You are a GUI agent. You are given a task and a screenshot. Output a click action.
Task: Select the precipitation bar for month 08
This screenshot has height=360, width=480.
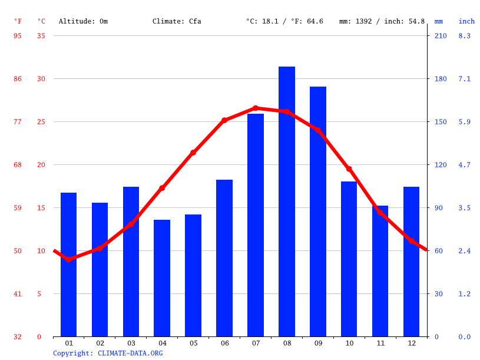[287, 202]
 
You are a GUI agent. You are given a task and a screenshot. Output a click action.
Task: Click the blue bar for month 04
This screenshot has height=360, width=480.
[162, 278]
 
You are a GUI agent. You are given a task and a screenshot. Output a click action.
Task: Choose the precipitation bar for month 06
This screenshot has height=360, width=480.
[224, 258]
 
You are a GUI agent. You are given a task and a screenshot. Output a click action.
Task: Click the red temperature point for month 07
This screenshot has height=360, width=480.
[256, 108]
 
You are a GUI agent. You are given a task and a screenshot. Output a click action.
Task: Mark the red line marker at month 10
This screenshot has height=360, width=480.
[349, 169]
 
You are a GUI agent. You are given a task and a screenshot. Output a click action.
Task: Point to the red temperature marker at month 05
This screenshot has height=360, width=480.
[193, 153]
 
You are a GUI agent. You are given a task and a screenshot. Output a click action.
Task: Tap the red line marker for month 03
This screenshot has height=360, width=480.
[131, 224]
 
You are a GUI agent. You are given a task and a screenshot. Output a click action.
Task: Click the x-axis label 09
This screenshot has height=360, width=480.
[318, 343]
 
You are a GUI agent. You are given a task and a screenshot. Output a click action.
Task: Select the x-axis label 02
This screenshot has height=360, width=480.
[100, 343]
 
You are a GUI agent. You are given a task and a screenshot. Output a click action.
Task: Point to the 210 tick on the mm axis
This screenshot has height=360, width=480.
[441, 36]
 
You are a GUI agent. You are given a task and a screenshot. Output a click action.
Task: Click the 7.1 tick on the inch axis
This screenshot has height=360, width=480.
[464, 79]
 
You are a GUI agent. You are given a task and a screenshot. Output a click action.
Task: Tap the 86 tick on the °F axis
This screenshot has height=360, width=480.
[18, 79]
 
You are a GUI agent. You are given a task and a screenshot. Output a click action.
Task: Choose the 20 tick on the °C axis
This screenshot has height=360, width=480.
[41, 165]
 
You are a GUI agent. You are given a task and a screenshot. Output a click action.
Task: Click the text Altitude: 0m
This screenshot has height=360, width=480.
[83, 21]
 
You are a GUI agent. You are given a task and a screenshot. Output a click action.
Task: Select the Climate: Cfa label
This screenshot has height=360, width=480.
[177, 21]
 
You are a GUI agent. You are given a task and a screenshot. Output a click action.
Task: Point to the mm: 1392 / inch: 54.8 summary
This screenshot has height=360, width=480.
[382, 21]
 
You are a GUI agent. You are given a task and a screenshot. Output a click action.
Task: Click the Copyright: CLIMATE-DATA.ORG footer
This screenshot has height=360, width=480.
[108, 354]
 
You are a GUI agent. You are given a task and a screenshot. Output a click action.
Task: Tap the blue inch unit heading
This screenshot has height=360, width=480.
[466, 21]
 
